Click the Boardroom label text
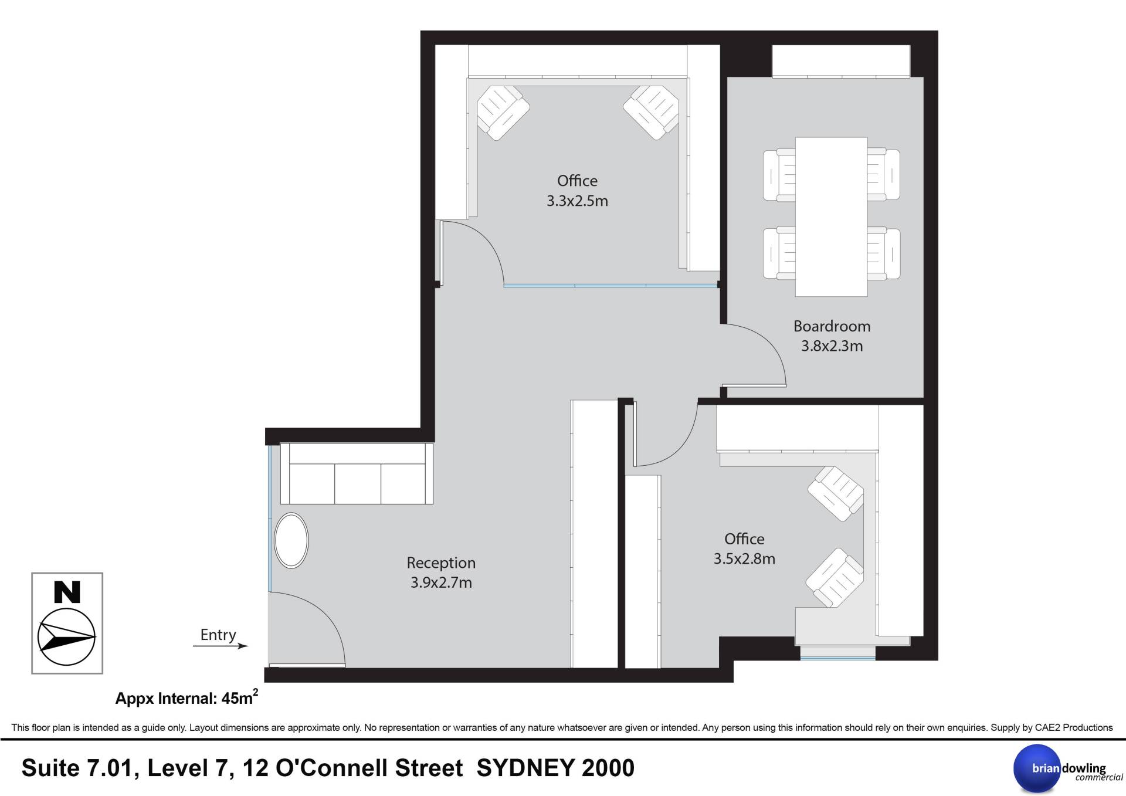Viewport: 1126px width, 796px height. click(x=832, y=326)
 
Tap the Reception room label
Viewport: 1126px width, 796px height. click(x=441, y=563)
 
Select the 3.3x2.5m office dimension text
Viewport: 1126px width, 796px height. click(x=577, y=201)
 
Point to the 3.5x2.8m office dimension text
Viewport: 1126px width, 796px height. click(x=744, y=559)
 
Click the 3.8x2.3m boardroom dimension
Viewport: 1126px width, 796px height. click(x=832, y=346)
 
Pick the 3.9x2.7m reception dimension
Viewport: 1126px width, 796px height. click(x=441, y=583)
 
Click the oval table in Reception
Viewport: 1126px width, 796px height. click(x=291, y=541)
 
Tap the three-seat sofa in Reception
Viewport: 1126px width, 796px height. click(x=357, y=473)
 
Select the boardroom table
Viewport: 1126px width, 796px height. click(x=831, y=216)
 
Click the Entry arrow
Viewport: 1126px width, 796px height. click(x=221, y=646)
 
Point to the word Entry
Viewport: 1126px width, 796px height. click(x=218, y=635)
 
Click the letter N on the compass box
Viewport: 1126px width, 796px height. click(x=67, y=592)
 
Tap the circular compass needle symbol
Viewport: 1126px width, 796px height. click(x=67, y=637)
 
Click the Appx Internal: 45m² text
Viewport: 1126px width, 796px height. click(x=186, y=697)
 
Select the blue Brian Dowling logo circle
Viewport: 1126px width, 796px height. click(x=1037, y=768)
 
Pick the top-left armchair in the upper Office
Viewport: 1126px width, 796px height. click(x=503, y=113)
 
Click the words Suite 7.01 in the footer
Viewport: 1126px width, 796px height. click(x=80, y=768)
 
